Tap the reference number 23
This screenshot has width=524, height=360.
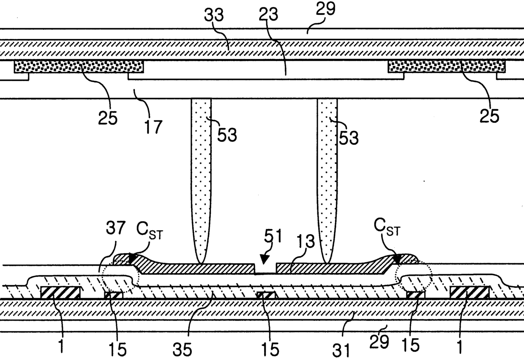click(x=269, y=15)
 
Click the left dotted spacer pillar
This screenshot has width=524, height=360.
click(x=201, y=177)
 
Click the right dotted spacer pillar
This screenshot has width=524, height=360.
click(x=327, y=177)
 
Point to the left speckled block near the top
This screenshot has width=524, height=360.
click(x=79, y=66)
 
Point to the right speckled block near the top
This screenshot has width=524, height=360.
click(x=446, y=65)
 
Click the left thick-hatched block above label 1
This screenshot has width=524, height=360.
click(x=60, y=292)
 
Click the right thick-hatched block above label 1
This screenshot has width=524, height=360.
click(x=469, y=292)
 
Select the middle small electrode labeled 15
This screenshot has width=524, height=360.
click(x=266, y=295)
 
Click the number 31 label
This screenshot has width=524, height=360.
click(x=342, y=350)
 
